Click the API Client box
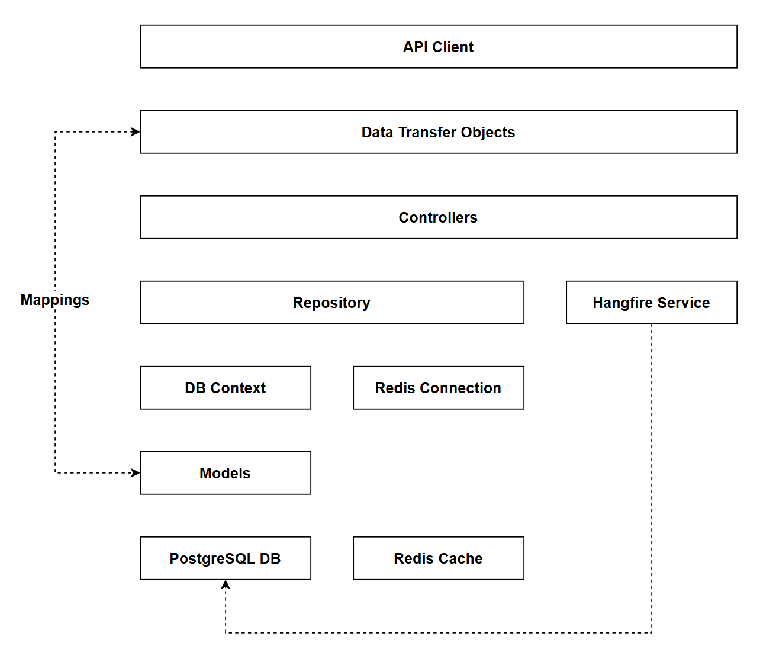click(438, 47)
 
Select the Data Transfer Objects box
click(438, 132)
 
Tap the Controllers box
click(438, 217)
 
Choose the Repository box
click(331, 303)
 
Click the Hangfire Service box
click(651, 303)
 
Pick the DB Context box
click(225, 388)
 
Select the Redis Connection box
click(438, 388)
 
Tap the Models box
click(225, 473)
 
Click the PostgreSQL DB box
click(225, 558)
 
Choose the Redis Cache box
click(438, 558)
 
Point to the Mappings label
click(55, 300)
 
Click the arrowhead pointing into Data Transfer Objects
click(136, 132)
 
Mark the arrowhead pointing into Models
click(136, 473)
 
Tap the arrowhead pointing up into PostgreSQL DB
click(226, 585)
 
